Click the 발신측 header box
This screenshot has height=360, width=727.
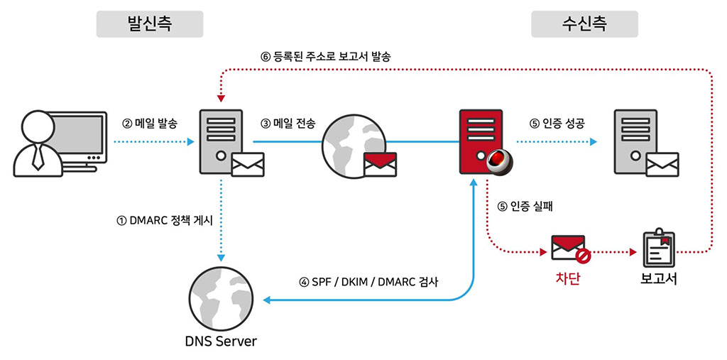point(150,24)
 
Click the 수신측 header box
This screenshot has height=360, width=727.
point(584,24)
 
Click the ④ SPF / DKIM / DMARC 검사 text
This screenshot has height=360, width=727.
point(368,281)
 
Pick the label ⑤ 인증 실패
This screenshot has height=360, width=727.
point(525,207)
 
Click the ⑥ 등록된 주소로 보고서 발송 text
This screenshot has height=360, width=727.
point(325,56)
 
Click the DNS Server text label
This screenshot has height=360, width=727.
point(221,342)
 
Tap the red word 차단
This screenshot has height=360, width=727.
point(567,278)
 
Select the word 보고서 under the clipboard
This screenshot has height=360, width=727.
point(657,278)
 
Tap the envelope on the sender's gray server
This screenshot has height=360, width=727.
point(248,164)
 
